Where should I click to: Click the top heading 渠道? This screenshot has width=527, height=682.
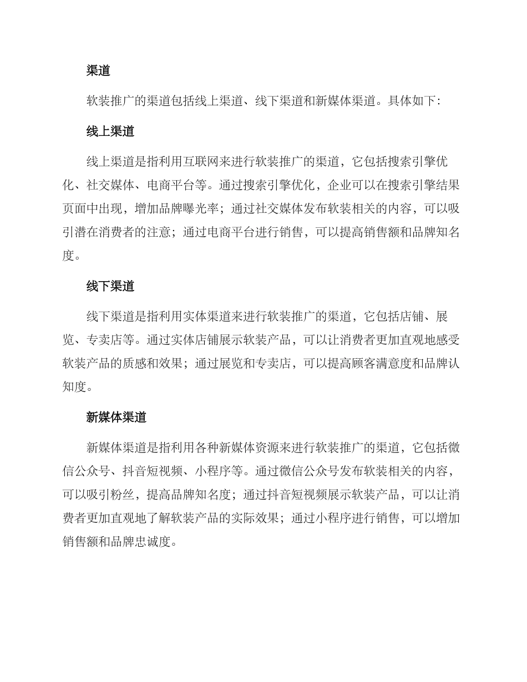coord(98,70)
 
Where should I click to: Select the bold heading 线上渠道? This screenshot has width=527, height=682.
coord(110,131)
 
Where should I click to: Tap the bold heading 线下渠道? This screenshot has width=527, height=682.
coord(110,286)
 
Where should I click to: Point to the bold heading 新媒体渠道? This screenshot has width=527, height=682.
coord(116,418)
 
